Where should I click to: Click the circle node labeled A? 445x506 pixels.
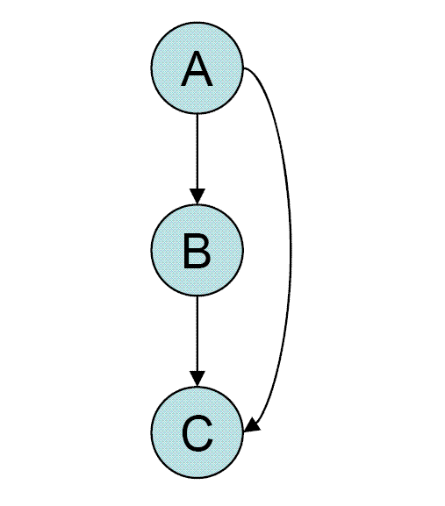tap(197, 68)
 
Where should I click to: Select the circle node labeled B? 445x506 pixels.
tap(197, 250)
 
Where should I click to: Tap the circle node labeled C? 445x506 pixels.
tap(197, 432)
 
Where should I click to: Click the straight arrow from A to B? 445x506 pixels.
tap(197, 159)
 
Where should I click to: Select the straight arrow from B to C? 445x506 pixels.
tap(197, 341)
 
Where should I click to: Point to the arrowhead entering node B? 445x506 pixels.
tap(197, 196)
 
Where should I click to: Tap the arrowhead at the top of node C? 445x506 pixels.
tap(197, 379)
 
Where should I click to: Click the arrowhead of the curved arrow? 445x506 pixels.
tap(253, 424)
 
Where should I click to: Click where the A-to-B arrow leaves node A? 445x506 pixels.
tap(197, 114)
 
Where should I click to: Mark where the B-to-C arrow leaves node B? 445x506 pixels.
tap(197, 296)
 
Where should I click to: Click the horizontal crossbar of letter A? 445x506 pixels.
tap(197, 75)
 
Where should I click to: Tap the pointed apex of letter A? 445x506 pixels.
tap(197, 53)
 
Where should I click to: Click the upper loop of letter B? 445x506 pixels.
tap(197, 242)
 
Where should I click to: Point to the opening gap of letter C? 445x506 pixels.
tap(211, 432)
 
